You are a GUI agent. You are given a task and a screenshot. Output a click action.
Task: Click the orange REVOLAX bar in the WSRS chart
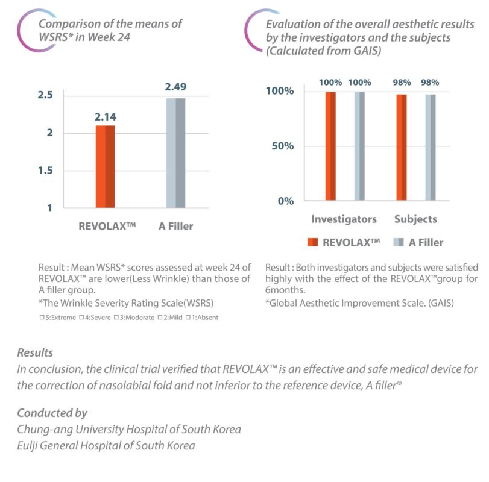point(105,166)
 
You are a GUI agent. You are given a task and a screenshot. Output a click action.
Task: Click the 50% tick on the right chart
point(281,146)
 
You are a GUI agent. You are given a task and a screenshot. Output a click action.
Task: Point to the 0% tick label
point(285,201)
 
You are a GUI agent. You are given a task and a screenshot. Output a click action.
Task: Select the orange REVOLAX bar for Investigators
point(330,146)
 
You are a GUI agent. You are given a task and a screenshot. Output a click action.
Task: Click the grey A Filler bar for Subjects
point(430,147)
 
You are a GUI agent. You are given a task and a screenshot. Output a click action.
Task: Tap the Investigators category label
point(344,219)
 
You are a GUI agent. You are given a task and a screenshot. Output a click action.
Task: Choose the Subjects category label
point(415,219)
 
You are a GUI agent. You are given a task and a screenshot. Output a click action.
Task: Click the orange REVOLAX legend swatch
point(312,242)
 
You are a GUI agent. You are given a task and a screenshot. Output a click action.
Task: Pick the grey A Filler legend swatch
point(398,242)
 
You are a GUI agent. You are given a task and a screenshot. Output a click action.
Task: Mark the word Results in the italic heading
point(35,352)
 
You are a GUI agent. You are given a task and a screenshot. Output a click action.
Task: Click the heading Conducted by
point(52,413)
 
